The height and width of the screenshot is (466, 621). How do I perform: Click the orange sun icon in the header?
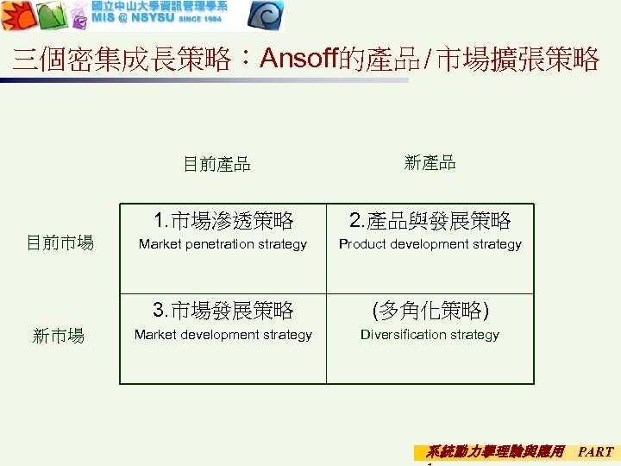(16, 16)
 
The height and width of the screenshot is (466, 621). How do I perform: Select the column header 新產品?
(430, 162)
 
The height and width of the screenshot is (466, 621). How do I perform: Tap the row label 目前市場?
(60, 243)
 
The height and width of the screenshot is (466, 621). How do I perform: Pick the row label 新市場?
(59, 336)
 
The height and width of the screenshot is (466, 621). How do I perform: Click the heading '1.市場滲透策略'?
(223, 222)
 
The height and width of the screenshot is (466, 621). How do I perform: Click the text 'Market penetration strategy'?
(223, 244)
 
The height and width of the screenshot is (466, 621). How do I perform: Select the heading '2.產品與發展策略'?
(430, 222)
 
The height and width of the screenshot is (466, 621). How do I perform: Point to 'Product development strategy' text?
(430, 244)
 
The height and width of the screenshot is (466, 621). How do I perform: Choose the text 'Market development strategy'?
(223, 335)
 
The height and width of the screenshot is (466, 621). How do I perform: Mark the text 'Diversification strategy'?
(430, 335)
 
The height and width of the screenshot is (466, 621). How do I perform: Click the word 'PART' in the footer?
(595, 451)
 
